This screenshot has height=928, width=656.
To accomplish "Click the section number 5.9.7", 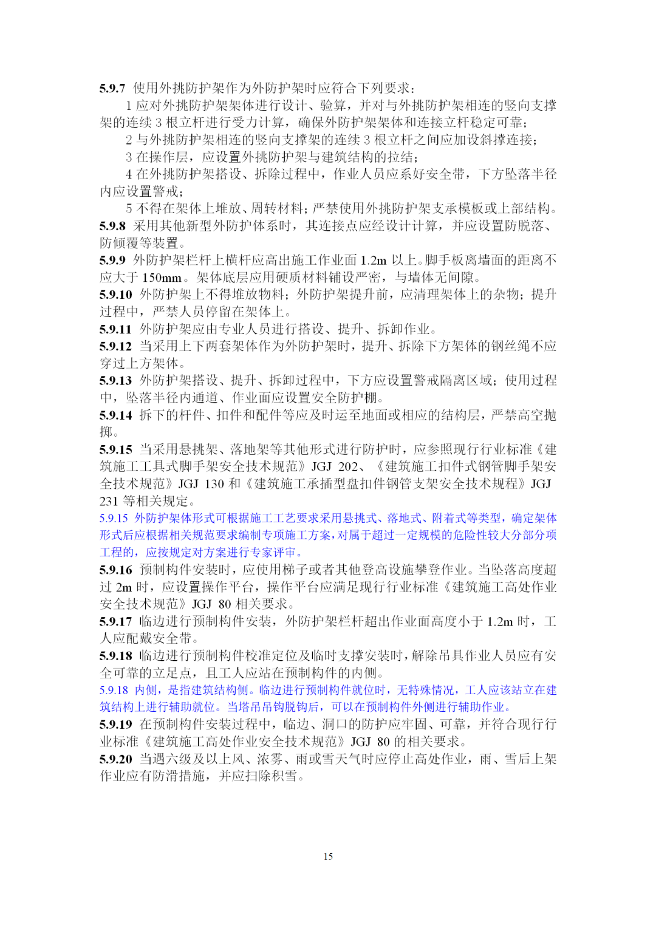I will [112, 88].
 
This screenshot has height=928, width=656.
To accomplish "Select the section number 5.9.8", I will [112, 226].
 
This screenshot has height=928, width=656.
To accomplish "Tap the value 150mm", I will [162, 278].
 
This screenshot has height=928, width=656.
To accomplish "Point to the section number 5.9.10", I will [115, 295].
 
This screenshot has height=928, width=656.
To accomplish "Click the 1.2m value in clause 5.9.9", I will [373, 261].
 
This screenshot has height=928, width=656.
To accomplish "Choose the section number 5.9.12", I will [115, 346].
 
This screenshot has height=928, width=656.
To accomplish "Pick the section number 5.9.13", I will [115, 381].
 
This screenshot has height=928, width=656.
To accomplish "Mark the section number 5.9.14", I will [115, 415].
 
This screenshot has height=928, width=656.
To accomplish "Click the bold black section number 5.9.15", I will [115, 449].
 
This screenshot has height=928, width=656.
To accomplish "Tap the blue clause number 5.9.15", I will [114, 519].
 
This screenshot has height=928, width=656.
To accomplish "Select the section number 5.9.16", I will [115, 570].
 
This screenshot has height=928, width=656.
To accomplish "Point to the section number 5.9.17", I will [115, 622].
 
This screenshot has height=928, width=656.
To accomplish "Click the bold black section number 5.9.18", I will [115, 656].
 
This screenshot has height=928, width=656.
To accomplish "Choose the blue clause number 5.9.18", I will [114, 691].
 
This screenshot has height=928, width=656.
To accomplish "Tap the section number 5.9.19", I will [115, 725].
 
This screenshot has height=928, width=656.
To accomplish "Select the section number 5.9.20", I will [115, 759].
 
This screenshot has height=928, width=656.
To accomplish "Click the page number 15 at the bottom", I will [328, 856].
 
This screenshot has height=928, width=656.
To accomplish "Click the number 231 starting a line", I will [109, 502].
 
